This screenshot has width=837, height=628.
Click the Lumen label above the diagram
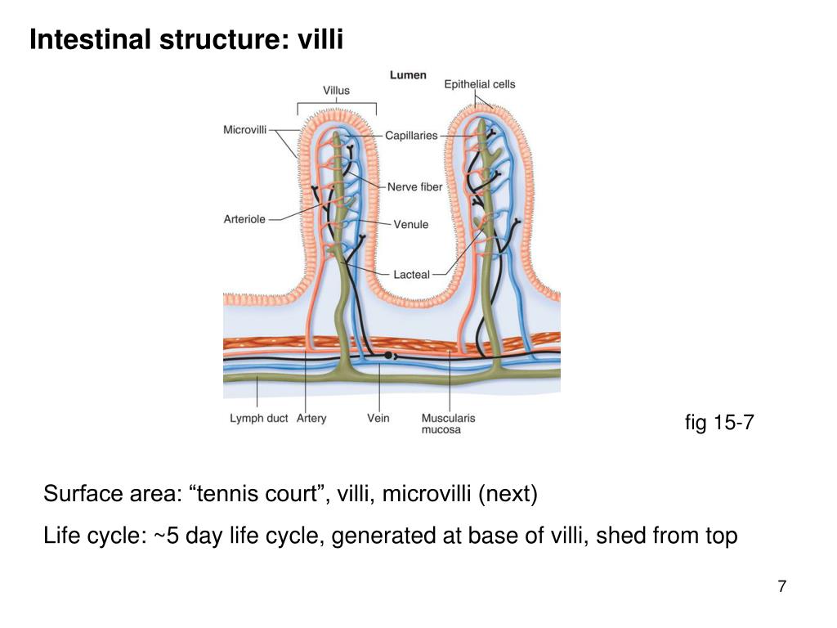[408, 75]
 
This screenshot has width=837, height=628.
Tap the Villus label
[336, 91]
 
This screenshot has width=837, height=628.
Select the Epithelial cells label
[480, 84]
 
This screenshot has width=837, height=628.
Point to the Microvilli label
[244, 130]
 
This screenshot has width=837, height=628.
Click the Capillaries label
[411, 136]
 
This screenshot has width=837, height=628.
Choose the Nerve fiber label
[414, 187]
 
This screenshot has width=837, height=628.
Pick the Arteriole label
[244, 219]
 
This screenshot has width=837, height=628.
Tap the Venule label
[411, 224]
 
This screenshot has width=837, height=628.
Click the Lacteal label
[412, 275]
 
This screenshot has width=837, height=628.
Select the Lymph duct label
[259, 418]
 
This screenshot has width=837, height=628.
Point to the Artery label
[311, 418]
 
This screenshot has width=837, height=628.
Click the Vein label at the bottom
[378, 418]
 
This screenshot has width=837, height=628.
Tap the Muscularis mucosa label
[448, 424]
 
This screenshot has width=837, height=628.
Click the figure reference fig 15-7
[719, 423]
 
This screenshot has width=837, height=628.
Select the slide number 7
[782, 586]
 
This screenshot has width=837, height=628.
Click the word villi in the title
[320, 39]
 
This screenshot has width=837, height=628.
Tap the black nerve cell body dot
[388, 355]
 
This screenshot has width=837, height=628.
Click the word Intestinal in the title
[90, 39]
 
